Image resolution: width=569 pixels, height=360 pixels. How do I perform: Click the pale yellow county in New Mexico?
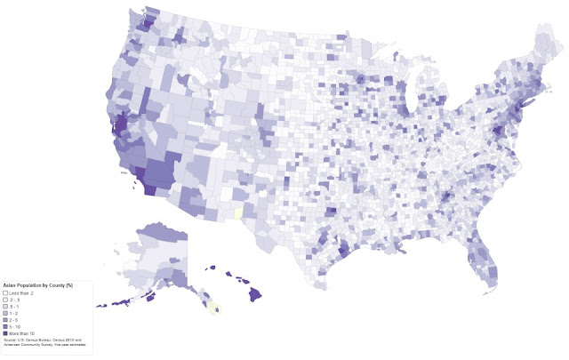[x=237, y=213]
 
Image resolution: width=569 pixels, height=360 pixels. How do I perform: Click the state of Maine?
[x=543, y=44]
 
